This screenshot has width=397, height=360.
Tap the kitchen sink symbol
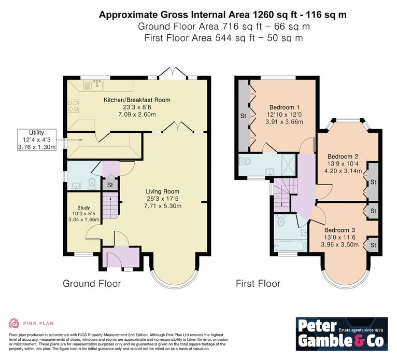coord(97,85)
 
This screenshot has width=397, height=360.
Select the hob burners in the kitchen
coord(73,106)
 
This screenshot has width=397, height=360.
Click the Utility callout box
coord(37,140)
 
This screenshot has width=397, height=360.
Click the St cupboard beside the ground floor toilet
coord(110,185)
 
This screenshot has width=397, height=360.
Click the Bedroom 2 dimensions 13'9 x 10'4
coord(343,163)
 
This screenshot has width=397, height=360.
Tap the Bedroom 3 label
coord(339,230)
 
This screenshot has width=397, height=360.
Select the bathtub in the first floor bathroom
coord(290,245)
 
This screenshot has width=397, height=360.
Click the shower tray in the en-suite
coord(288,164)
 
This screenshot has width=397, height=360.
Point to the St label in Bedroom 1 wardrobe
coord(243,116)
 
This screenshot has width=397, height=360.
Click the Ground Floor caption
coord(92,284)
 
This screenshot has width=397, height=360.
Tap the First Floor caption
coord(258,284)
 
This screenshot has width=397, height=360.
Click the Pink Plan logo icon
coord(14,323)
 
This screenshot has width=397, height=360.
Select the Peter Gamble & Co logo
coord(342,334)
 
